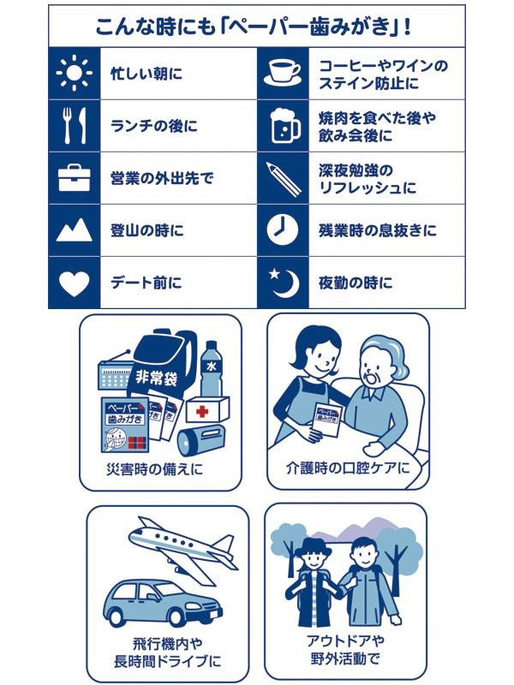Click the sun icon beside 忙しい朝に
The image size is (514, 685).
tap(74, 74)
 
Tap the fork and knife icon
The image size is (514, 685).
tap(74, 126)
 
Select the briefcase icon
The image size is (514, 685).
tap(74, 178)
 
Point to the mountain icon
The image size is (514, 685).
tap(74, 230)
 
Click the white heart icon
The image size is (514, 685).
tap(74, 283)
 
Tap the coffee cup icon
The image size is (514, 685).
tap(282, 74)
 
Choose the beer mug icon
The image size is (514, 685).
tap(282, 126)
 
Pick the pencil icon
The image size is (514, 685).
tap(282, 178)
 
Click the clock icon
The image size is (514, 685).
tap(282, 230)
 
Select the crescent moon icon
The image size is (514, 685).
tap(282, 283)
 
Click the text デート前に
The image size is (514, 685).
tap(146, 283)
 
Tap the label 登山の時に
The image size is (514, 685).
tap(147, 230)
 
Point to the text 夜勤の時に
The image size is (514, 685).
tap(356, 283)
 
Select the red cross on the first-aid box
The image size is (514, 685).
tap(203, 412)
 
